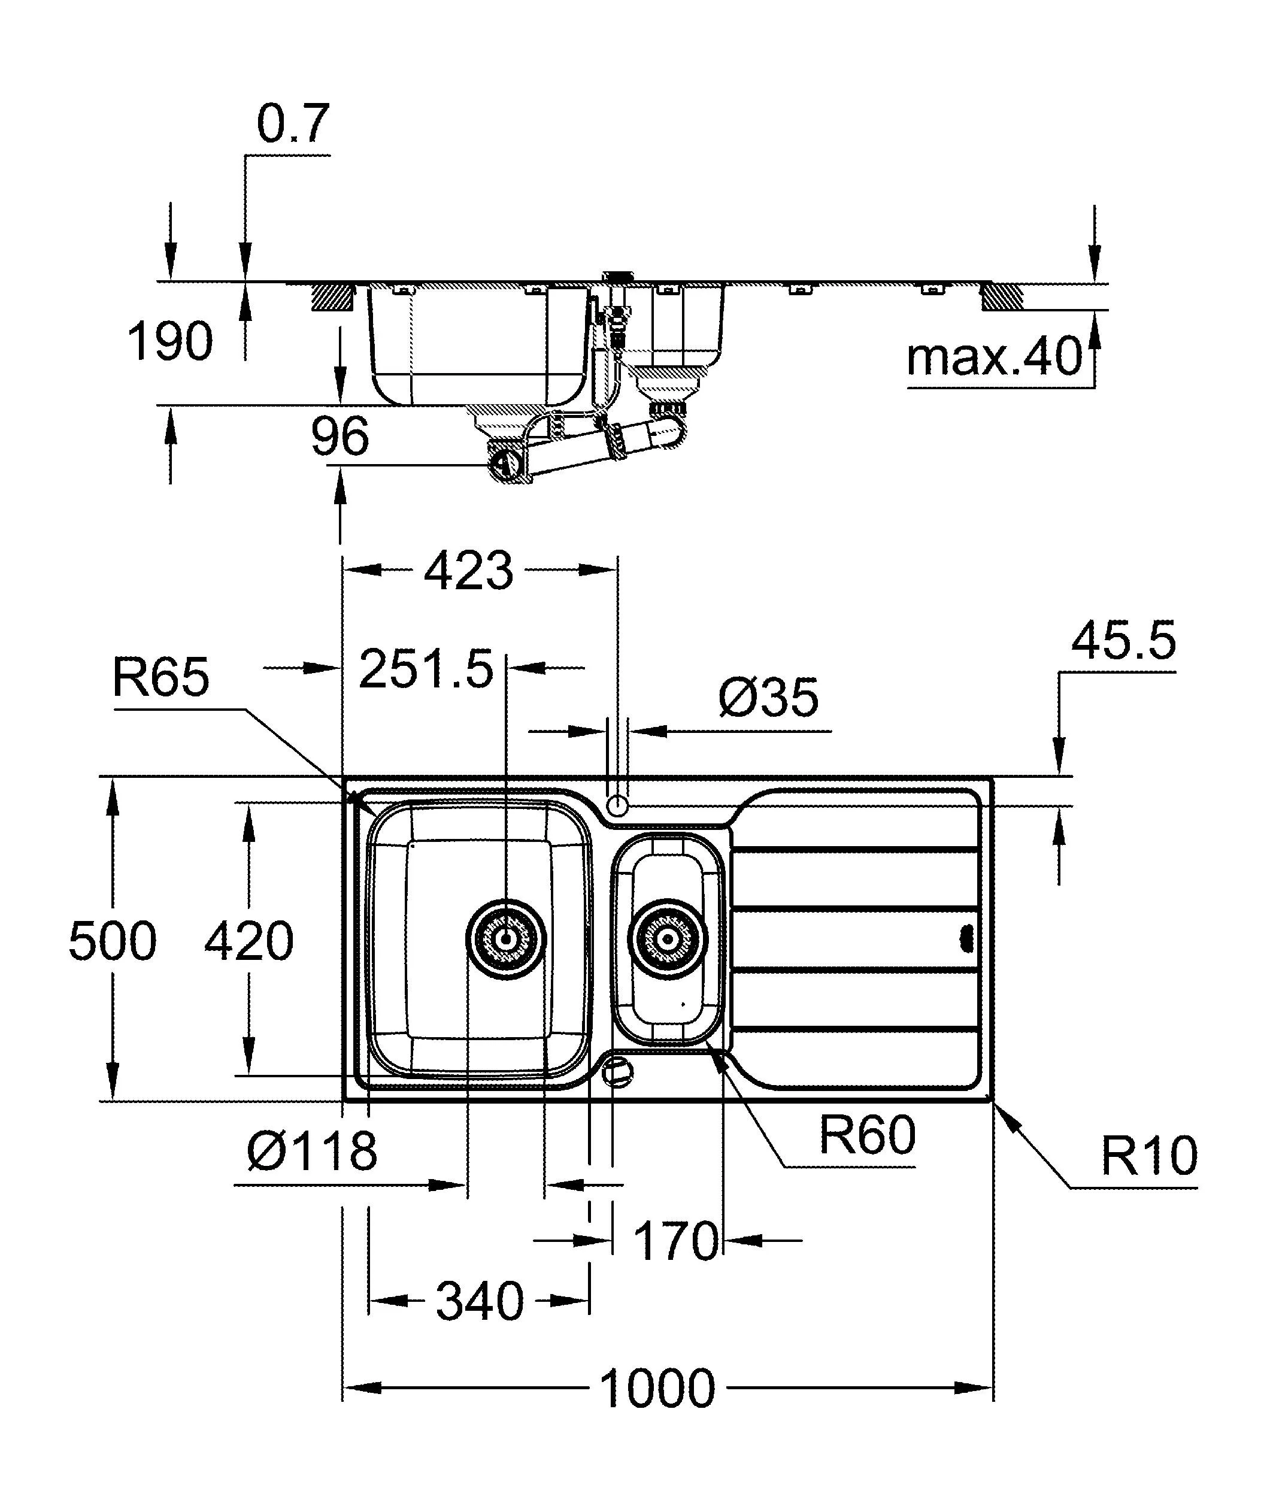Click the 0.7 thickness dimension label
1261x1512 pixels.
pyautogui.click(x=293, y=124)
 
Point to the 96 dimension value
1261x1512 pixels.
pyautogui.click(x=339, y=437)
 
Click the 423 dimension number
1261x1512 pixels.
pyautogui.click(x=469, y=571)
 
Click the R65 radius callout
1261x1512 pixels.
pyautogui.click(x=160, y=677)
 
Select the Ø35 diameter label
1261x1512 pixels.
pyautogui.click(x=769, y=698)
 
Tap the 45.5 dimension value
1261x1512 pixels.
pyautogui.click(x=1123, y=640)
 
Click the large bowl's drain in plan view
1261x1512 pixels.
pyautogui.click(x=505, y=939)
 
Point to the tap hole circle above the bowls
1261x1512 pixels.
pyautogui.click(x=617, y=805)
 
